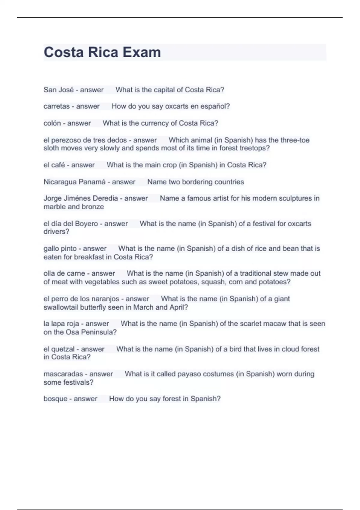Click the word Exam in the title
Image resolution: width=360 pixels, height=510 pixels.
tap(142, 52)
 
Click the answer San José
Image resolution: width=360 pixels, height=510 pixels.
tap(58, 90)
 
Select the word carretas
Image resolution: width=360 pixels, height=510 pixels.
tap(56, 106)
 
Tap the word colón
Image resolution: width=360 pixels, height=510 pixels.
tap(52, 123)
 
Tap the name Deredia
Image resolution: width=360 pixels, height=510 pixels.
tap(105, 198)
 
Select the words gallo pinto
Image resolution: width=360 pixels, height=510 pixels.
tap(60, 249)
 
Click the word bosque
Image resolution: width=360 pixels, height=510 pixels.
tap(55, 399)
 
